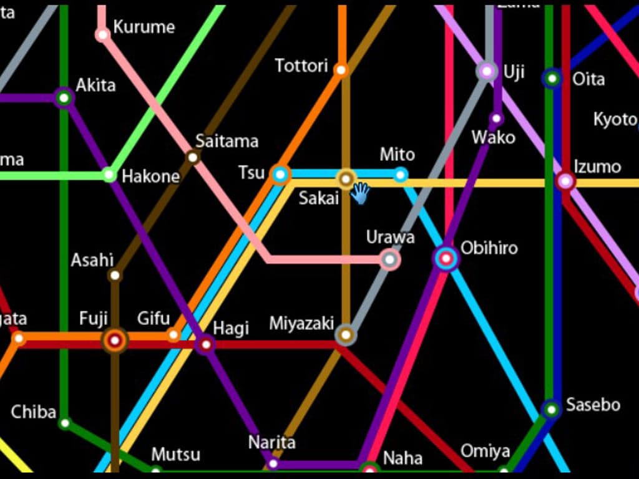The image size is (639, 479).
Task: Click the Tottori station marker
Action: pos(341,69)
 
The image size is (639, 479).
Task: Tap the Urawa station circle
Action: pos(390,259)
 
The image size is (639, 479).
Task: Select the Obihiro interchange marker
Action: pos(446,258)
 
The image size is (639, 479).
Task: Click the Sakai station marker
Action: pos(346,179)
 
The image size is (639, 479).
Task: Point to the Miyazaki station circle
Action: pos(345,335)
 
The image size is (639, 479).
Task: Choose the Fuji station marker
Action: pos(114,340)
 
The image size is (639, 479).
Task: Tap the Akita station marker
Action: pos(64,98)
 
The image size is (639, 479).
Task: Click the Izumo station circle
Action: pos(565,181)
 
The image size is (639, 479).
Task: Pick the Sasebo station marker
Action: pos(551,409)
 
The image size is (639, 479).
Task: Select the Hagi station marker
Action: pos(205,344)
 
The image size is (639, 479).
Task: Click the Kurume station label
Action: pos(144,27)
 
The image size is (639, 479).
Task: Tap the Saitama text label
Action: pos(227,141)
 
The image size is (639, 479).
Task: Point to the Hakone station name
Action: pos(150,177)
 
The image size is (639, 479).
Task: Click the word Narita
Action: pos(271,442)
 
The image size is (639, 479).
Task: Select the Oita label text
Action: pos(588,79)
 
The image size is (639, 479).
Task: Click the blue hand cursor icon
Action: pos(359,193)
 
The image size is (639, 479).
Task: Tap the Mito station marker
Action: pos(401,175)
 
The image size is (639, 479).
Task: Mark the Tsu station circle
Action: pos(280,175)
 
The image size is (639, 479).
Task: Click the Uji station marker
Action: pos(487,71)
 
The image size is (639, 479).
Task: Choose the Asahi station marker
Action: pos(115,275)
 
